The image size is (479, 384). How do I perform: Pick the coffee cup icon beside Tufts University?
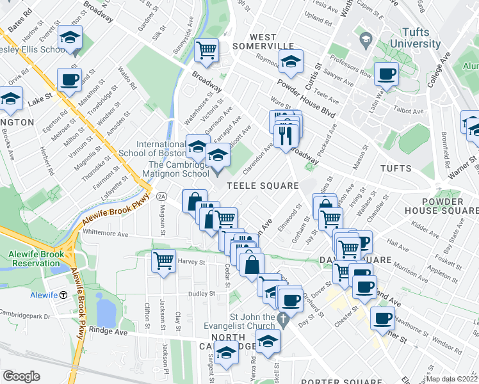coord(386,74)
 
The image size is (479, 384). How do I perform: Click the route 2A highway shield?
coord(161,196)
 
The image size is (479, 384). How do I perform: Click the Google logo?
coord(22,376)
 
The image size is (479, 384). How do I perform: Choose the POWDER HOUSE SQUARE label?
coord(441,205)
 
